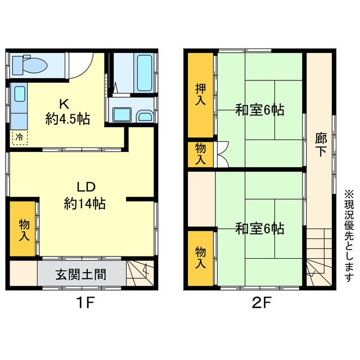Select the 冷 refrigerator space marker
(x=19, y=137)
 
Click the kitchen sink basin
(x=19, y=93)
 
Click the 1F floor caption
(x=85, y=304)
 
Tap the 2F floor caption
(x=259, y=304)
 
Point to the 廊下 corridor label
(x=320, y=145)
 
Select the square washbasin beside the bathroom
(x=121, y=115)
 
